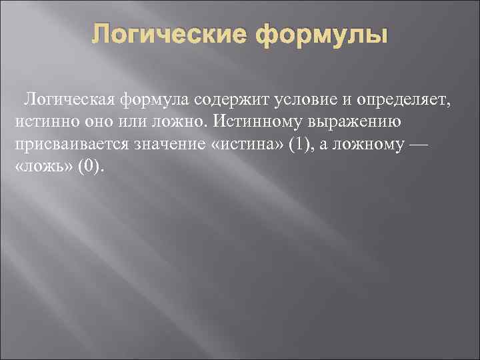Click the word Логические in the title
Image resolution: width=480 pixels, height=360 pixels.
[x=170, y=34]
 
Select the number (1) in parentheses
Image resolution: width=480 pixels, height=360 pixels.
[x=295, y=145]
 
